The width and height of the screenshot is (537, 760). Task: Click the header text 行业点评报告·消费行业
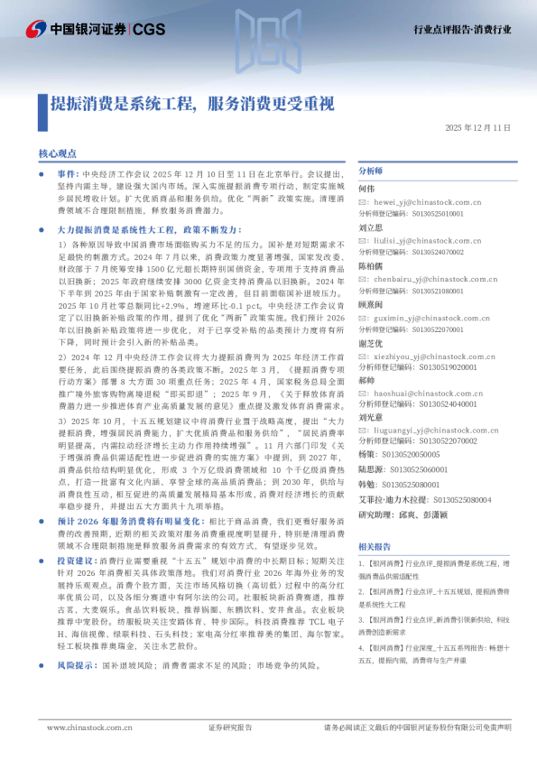point(462,30)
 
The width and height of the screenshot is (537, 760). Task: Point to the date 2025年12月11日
point(477,128)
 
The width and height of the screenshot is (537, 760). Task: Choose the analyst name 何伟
point(366,189)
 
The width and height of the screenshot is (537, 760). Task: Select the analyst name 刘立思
point(371,228)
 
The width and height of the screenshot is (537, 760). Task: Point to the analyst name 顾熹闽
point(371,305)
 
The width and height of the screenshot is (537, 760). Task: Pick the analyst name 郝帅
point(366,382)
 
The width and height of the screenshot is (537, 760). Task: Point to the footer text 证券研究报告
point(230,727)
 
